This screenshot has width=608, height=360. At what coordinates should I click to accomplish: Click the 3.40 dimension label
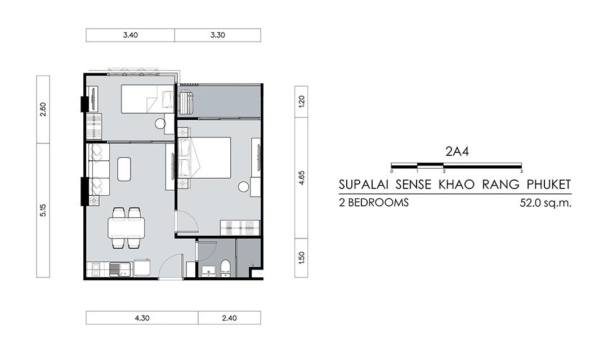pyautogui.click(x=130, y=35)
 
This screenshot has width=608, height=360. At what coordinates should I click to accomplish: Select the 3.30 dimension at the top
pyautogui.click(x=217, y=35)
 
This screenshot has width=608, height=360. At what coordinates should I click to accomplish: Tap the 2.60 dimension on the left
pyautogui.click(x=43, y=109)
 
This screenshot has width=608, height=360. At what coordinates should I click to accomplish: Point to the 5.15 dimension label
pyautogui.click(x=43, y=210)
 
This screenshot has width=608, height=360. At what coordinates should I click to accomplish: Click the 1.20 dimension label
pyautogui.click(x=302, y=101)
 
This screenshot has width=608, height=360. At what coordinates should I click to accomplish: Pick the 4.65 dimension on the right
pyautogui.click(x=302, y=178)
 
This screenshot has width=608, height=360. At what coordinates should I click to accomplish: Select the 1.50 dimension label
pyautogui.click(x=302, y=258)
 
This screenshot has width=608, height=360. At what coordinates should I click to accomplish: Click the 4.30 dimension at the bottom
pyautogui.click(x=142, y=318)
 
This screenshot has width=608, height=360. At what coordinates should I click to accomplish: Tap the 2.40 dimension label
pyautogui.click(x=229, y=318)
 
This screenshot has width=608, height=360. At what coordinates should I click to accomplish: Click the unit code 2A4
pyautogui.click(x=457, y=151)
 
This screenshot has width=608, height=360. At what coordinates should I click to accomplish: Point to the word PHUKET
pyautogui.click(x=549, y=184)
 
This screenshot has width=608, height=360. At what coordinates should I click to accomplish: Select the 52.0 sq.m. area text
pyautogui.click(x=546, y=202)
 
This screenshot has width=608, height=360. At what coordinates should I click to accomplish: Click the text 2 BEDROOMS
pyautogui.click(x=374, y=202)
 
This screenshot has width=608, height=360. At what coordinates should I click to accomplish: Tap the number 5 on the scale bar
pyautogui.click(x=521, y=171)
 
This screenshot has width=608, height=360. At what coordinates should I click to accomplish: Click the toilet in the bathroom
pyautogui.click(x=225, y=268)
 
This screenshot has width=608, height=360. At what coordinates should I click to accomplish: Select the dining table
pyautogui.click(x=127, y=228)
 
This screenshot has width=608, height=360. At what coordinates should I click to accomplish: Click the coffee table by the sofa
pyautogui.click(x=124, y=169)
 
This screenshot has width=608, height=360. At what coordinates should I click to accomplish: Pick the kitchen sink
pyautogui.click(x=117, y=269)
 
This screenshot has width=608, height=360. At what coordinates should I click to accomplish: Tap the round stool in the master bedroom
pyautogui.click(x=244, y=187)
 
